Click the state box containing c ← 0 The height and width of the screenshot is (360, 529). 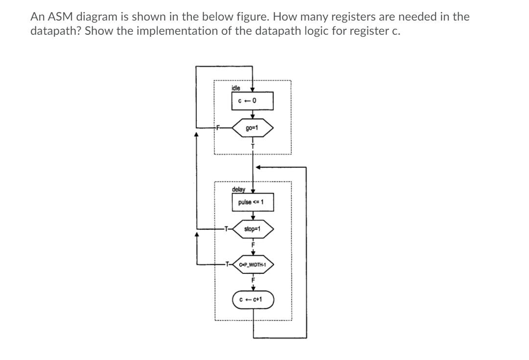coord(253,101)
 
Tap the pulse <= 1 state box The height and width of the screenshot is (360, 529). coord(253,202)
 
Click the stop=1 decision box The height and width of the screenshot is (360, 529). coord(253,229)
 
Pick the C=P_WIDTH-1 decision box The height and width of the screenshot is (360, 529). coord(253,265)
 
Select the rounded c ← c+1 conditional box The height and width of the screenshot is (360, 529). coord(253,299)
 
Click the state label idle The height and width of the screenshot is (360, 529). coord(235,89)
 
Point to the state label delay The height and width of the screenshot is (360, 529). coord(238,189)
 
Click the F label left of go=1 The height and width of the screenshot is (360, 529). coord(220,128)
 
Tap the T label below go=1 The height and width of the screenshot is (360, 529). coord(253,146)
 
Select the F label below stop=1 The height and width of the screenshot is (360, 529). coord(253,244)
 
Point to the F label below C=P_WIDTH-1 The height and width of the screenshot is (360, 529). coord(253,280)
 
